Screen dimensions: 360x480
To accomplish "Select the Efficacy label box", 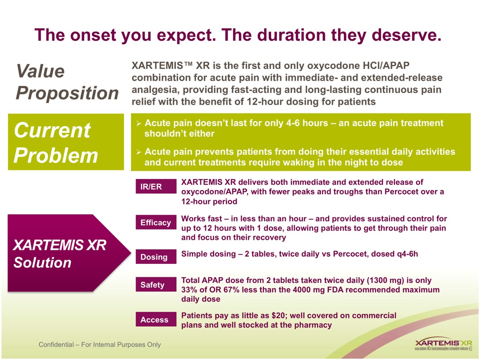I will coord(156,222).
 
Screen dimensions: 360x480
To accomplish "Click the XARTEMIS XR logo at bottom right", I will coord(443,344).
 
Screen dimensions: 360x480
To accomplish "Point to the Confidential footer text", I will coord(100,345).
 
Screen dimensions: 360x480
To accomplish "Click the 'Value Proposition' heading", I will coord(67,82).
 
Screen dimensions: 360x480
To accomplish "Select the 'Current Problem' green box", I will coord(66,142).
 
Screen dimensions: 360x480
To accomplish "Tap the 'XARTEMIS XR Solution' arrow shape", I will coord(67,253).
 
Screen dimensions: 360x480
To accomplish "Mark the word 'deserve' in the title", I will coord(400,35).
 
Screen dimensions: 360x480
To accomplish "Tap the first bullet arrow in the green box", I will coord(139,123).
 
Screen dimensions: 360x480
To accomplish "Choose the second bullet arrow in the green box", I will coord(139,152).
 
